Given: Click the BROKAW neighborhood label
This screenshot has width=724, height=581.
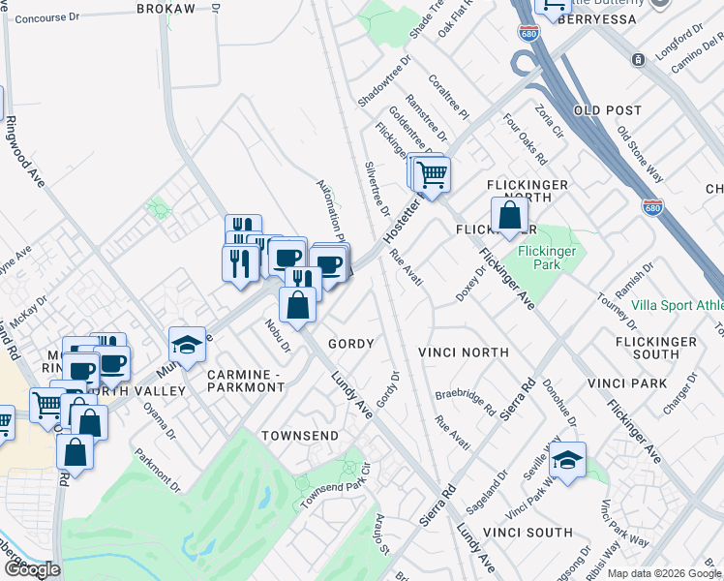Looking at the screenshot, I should [x=166, y=8].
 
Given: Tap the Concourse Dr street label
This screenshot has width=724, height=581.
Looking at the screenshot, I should [x=46, y=17].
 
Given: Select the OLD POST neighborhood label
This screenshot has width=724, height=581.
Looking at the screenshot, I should [x=608, y=111].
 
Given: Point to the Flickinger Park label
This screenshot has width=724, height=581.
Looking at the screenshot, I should [x=547, y=258].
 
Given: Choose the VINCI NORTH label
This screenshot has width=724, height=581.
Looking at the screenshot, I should [x=464, y=352].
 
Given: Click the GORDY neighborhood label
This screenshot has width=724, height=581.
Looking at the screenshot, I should [x=350, y=344].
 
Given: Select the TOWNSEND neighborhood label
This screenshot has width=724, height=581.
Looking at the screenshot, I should [x=300, y=436].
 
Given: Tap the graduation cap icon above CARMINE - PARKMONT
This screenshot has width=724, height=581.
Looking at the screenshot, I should [x=187, y=344].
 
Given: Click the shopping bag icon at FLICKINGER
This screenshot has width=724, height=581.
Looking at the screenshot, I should [x=509, y=216].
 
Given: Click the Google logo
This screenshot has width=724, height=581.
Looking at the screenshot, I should [x=32, y=569].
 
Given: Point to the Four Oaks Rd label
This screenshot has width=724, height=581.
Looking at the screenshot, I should [x=527, y=141].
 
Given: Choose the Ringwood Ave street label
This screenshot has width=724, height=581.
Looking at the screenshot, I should [x=26, y=153].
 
